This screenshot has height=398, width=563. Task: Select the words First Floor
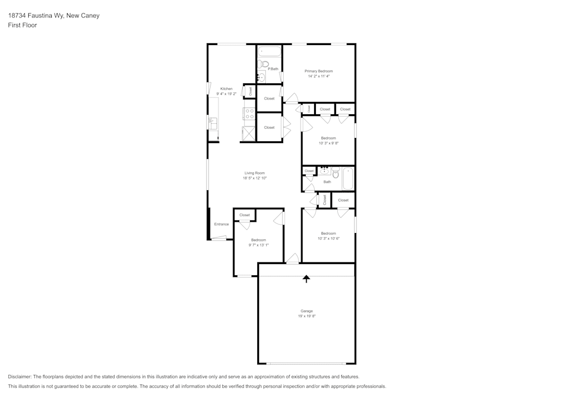click(x=23, y=25)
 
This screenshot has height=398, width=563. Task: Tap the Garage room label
click(x=306, y=311)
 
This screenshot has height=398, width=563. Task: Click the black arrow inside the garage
click(x=306, y=279)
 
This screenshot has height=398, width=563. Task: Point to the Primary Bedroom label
click(x=319, y=71)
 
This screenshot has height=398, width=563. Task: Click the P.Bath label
click(x=273, y=69)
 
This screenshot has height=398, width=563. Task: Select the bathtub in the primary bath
click(x=270, y=52)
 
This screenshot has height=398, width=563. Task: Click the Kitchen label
click(x=226, y=88)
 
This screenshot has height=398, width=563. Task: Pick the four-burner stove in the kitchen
click(x=249, y=114)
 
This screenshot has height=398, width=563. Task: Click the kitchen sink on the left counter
click(x=213, y=123)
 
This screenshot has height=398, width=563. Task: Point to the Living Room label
click(x=254, y=173)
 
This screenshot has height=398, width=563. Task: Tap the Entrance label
click(x=221, y=224)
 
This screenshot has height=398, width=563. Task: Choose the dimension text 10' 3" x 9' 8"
click(x=328, y=143)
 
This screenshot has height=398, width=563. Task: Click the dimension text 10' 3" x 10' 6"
click(x=328, y=238)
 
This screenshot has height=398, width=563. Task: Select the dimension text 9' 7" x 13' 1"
click(x=258, y=245)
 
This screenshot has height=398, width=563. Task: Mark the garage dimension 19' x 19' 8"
click(x=306, y=316)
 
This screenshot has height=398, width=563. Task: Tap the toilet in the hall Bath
click(x=336, y=172)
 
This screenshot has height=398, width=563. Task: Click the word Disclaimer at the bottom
click(x=20, y=377)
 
